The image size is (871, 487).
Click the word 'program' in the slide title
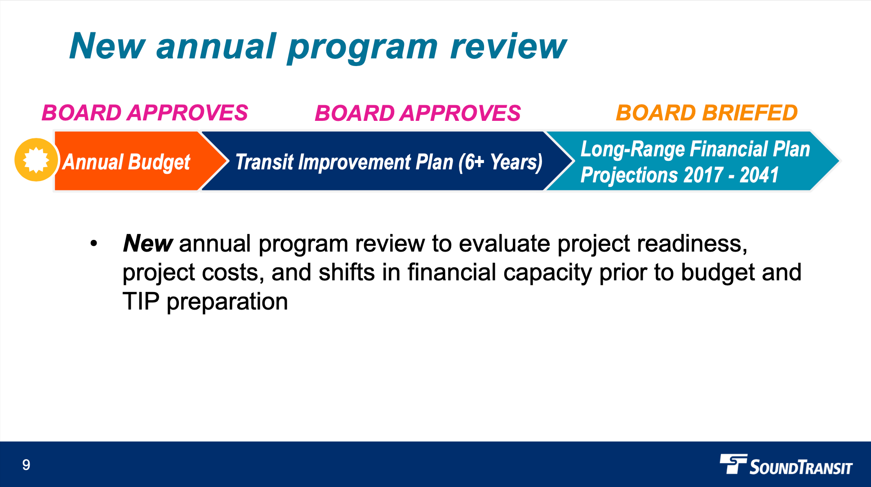(362, 47)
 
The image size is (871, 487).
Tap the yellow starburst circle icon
(36, 160)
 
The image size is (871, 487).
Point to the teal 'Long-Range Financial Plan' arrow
(692, 161)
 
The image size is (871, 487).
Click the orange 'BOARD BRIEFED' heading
(707, 113)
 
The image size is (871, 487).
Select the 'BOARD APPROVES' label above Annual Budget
(145, 113)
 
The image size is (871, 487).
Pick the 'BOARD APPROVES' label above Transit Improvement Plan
(418, 113)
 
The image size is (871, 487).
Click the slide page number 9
(26, 465)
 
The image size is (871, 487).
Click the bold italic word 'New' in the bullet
(147, 243)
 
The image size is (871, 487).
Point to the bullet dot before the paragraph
(93, 244)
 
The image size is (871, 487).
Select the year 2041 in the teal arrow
(759, 175)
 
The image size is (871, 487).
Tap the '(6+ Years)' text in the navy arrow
(501, 162)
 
